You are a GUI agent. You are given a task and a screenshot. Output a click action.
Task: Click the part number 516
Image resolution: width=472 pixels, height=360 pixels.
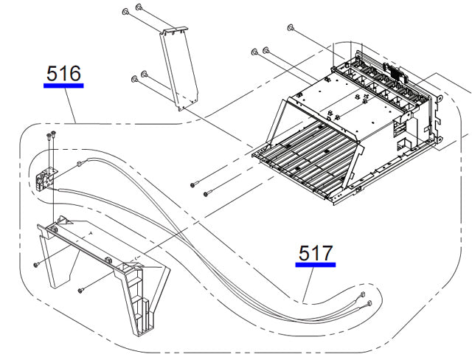[x=63, y=74]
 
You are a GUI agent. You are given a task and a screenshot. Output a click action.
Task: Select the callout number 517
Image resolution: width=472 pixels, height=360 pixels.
[x=316, y=253]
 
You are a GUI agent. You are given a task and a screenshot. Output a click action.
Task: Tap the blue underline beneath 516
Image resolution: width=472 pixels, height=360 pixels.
[x=63, y=86]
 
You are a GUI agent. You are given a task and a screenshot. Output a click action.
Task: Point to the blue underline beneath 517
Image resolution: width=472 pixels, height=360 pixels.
[x=316, y=264]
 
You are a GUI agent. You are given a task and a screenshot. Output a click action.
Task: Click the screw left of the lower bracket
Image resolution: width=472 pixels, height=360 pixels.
[x=35, y=264]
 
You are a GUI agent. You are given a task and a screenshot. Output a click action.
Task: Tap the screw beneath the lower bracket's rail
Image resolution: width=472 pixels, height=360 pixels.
[x=80, y=289]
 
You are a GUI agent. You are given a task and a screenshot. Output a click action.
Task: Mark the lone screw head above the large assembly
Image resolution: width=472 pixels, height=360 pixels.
[x=291, y=29]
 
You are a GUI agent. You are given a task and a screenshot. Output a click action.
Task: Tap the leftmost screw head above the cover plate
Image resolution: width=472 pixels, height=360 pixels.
[x=126, y=10]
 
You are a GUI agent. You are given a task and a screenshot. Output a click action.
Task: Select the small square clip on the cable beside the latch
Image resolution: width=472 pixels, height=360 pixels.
[x=78, y=164]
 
